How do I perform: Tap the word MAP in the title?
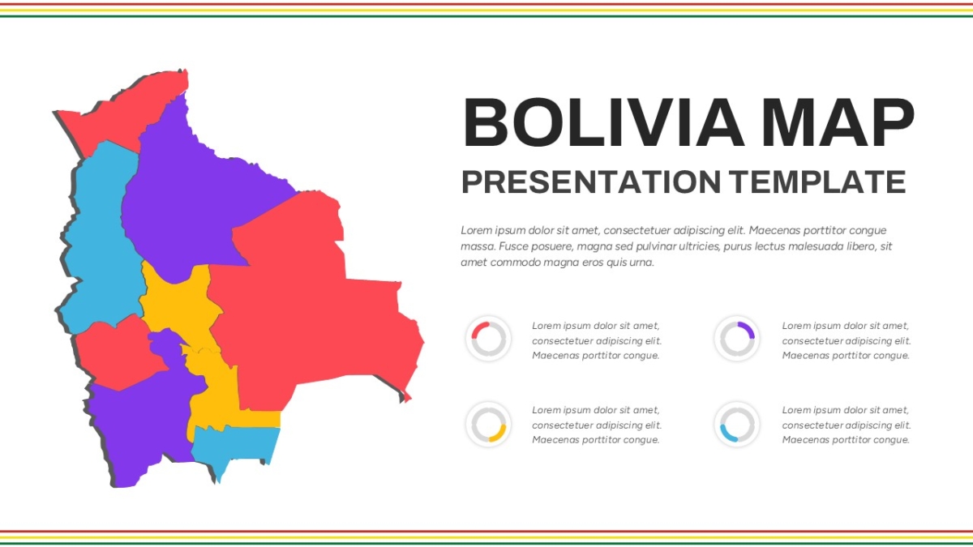click(x=838, y=122)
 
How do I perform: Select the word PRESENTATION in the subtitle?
click(x=591, y=182)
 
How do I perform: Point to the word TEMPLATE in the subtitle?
click(x=817, y=182)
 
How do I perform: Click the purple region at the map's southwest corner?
click(x=139, y=429)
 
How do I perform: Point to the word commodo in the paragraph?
click(x=504, y=263)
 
